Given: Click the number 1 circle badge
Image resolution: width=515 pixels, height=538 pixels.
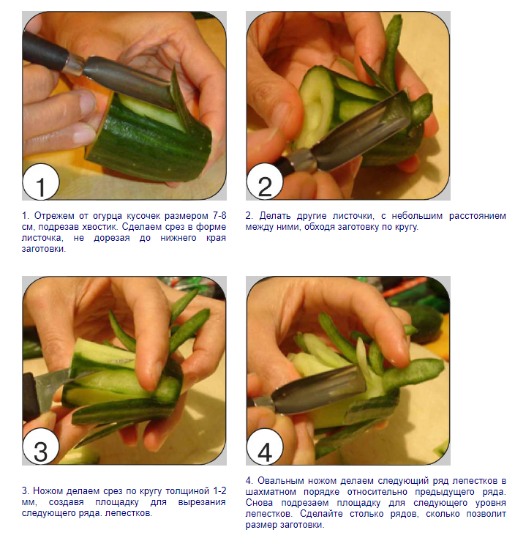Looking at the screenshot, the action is point(41,182).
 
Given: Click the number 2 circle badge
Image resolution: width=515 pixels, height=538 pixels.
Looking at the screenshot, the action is point(265,182).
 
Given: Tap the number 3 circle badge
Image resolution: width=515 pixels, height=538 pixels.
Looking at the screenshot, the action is point(41,447).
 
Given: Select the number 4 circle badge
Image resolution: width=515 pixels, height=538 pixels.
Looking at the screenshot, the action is point(265,447).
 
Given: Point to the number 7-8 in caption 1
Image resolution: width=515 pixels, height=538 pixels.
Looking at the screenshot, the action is point(219,215).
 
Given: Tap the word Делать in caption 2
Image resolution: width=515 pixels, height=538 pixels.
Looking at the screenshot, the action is point(274,216).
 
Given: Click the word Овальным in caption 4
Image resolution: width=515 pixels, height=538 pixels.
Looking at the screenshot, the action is point(279,480).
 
